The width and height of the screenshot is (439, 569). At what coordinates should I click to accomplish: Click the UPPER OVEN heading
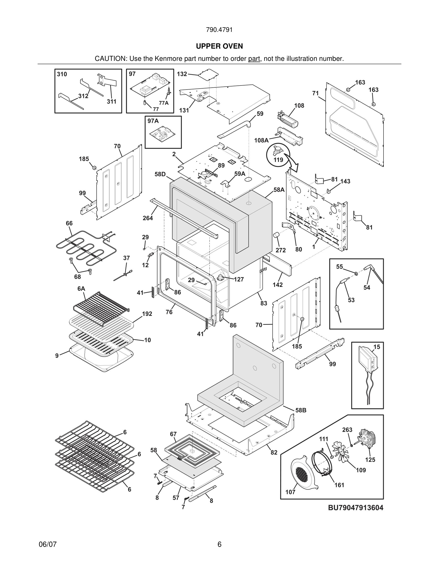(219, 46)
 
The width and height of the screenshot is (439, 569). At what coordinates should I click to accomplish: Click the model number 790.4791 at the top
(219, 30)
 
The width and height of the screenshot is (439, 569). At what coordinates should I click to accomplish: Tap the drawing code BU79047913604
(356, 507)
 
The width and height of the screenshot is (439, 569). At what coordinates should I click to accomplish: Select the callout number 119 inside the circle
(278, 159)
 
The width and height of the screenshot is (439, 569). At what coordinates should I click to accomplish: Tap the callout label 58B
(301, 410)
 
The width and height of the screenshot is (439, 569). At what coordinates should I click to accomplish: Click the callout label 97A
(153, 121)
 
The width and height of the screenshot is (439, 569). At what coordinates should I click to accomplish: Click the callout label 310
(62, 74)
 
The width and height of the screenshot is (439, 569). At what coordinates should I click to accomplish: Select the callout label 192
(147, 314)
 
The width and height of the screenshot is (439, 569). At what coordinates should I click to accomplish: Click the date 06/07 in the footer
(47, 544)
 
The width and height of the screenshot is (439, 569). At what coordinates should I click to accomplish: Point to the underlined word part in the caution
(254, 59)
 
